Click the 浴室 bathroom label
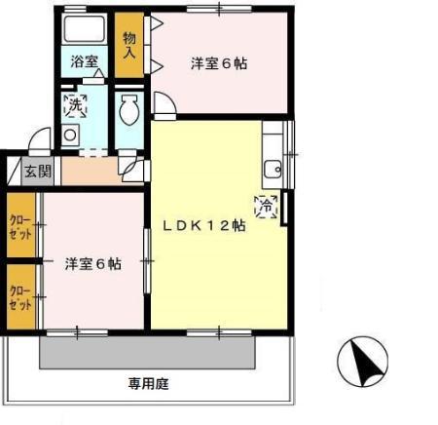pos(85,60)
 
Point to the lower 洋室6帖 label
pos(93,263)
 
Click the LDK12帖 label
pos(203,223)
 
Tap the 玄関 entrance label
pos(38,173)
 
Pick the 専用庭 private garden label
pos(147,383)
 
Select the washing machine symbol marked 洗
pos(75,106)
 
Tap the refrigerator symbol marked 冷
pos(266,207)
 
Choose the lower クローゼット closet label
pos(19,296)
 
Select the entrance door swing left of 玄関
pos(39,138)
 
